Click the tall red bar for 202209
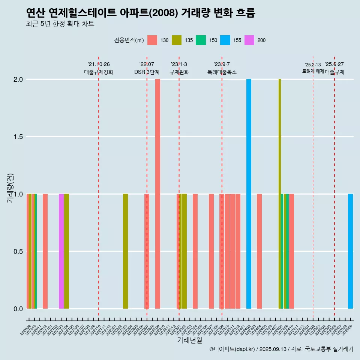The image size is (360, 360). coord(157,194)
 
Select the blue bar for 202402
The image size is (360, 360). coord(249,194)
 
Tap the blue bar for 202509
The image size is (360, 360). coord(350,251)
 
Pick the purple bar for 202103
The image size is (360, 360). coord(61,251)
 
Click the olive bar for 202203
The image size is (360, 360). coord(125,251)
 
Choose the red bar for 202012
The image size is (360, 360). coord(45,251)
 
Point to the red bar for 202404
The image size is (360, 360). coord(259,251)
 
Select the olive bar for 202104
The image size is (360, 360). coord(66,251)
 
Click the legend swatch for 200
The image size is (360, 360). coord(249,40)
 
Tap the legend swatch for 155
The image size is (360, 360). coord(225,40)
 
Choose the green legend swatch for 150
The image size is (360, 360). coord(201,40)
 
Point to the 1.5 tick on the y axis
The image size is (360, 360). coord(18,137)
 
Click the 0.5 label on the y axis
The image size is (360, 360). coord(18,251)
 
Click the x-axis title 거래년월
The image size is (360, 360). coord(189,340)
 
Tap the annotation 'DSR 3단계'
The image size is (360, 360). coord(147,72)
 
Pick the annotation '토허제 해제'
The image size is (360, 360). coord(313,71)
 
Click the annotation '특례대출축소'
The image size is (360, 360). coord(222,72)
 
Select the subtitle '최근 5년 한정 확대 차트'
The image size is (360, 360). coord(60,24)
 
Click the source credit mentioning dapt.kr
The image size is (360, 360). coord(281,349)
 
